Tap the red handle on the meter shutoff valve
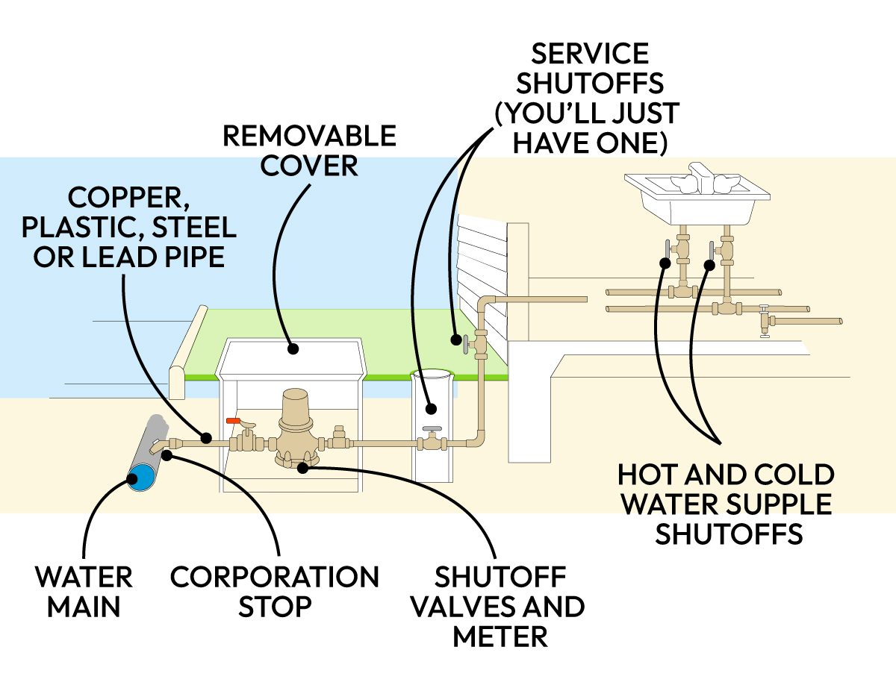[234, 422]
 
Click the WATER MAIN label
[83, 590]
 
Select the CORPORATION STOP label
[274, 590]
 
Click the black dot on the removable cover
[293, 348]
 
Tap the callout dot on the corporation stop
[167, 454]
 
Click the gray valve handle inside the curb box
[432, 430]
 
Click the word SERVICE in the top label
[589, 54]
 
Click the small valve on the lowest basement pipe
[763, 322]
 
